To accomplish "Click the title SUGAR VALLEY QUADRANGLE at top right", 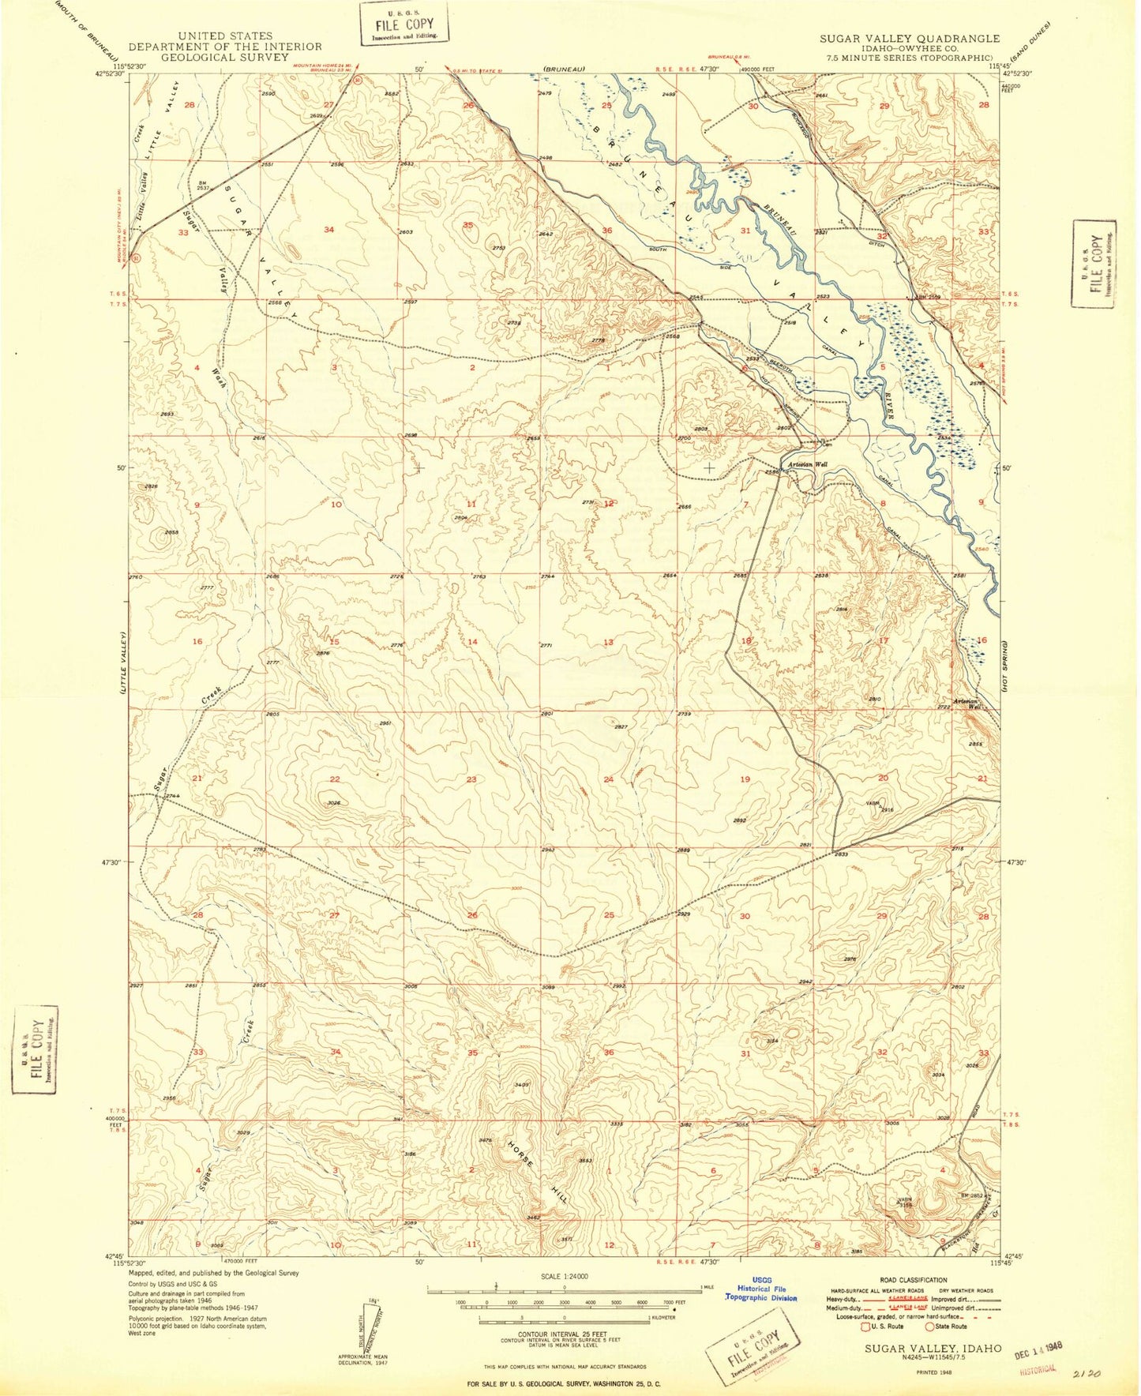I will pyautogui.click(x=909, y=38).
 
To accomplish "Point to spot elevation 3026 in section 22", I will pyautogui.click(x=334, y=803).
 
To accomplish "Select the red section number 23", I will pyautogui.click(x=471, y=779).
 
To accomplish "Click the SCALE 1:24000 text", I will pyautogui.click(x=565, y=1276).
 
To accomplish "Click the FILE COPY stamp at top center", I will pyautogui.click(x=403, y=24).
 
